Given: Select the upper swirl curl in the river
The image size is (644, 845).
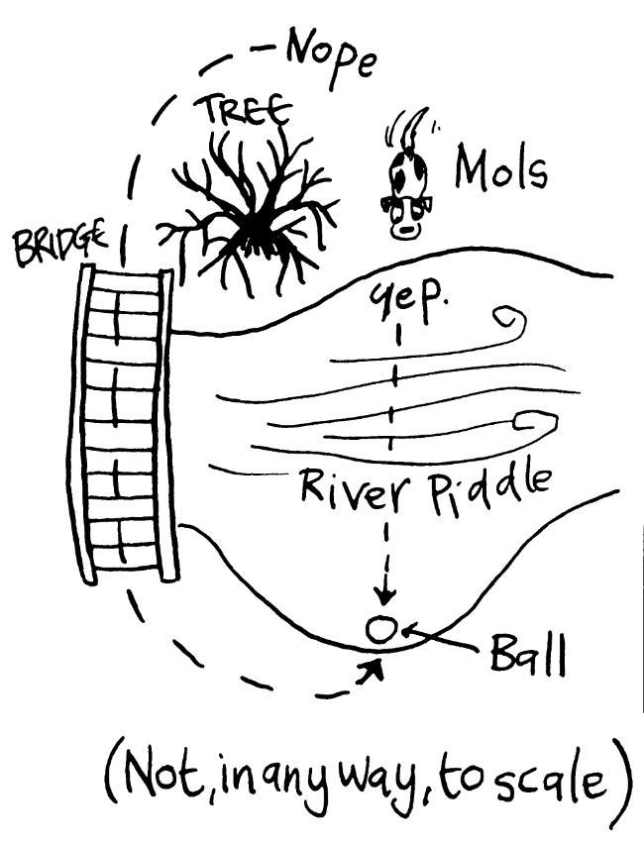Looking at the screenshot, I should [x=512, y=322].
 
